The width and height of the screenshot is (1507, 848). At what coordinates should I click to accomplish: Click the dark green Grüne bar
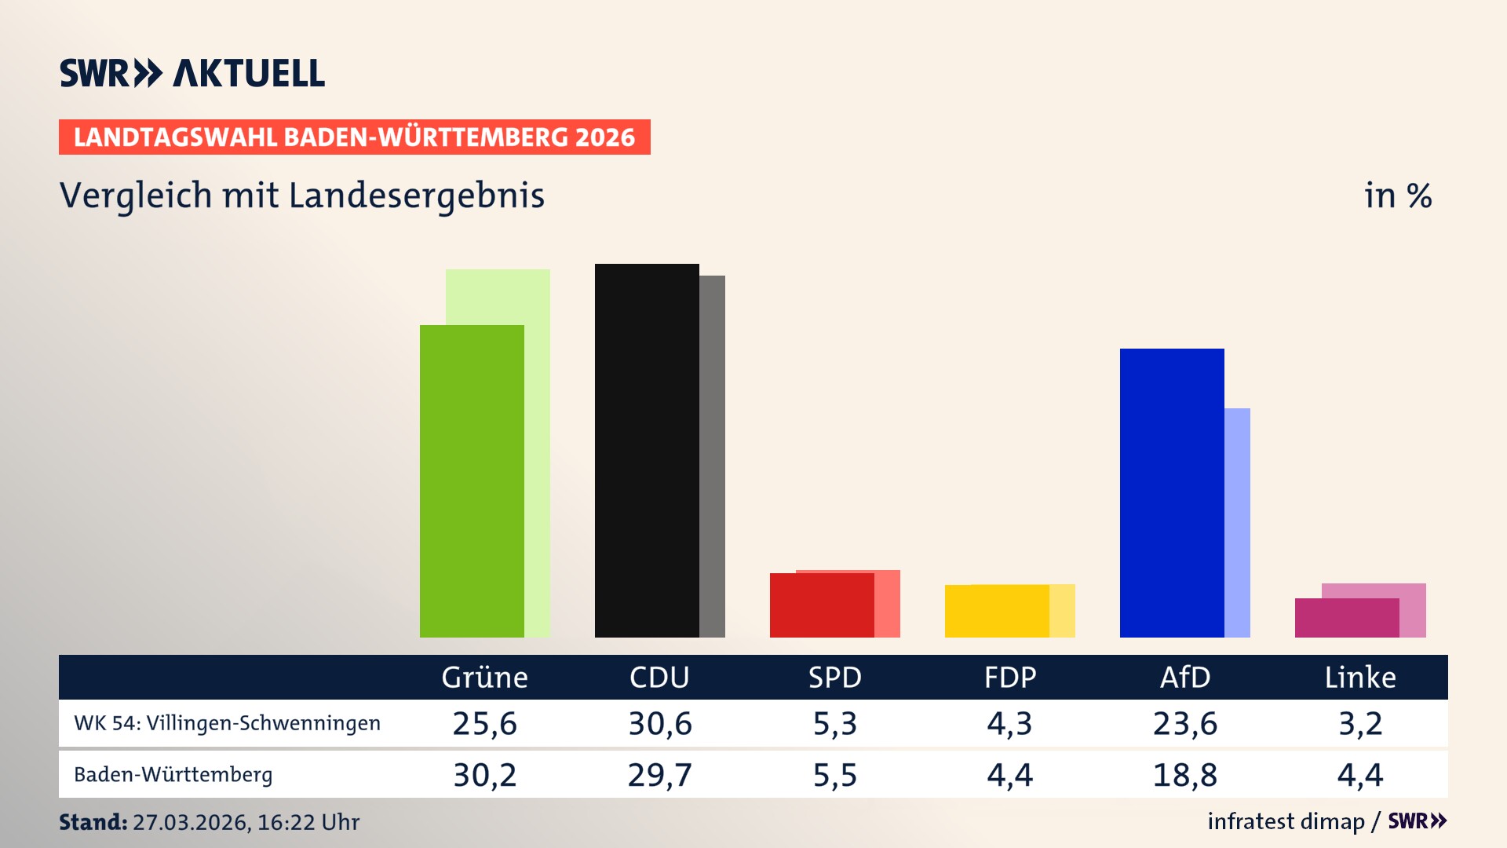(x=472, y=481)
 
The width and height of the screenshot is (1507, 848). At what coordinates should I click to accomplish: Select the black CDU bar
(x=647, y=450)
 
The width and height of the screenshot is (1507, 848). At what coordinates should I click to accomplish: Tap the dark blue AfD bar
(x=1172, y=492)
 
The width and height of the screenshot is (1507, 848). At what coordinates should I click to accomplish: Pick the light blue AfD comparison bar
(x=1237, y=522)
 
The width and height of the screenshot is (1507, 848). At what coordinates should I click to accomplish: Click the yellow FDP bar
(x=997, y=611)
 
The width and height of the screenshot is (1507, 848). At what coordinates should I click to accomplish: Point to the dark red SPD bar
(x=822, y=605)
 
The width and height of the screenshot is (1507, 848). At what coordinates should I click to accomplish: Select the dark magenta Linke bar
(x=1347, y=618)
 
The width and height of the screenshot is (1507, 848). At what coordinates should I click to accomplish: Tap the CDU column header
(x=659, y=678)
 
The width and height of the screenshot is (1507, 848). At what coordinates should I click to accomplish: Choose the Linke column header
(x=1360, y=678)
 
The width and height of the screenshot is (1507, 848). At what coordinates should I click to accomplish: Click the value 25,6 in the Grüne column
(x=484, y=723)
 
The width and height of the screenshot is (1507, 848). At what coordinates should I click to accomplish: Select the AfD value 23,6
(x=1184, y=723)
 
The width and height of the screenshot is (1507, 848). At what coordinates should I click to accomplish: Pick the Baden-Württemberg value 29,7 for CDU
(x=659, y=775)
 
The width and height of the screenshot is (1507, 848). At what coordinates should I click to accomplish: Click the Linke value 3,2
(x=1360, y=723)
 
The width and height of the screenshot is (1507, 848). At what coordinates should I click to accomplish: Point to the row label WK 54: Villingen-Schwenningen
(x=227, y=723)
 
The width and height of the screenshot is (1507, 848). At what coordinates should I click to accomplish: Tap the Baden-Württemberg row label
(x=173, y=775)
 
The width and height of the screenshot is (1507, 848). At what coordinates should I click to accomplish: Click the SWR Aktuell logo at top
(x=192, y=73)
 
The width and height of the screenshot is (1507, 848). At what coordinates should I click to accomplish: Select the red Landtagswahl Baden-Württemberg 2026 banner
(x=354, y=137)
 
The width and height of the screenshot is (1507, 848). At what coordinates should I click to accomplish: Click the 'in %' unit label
(x=1397, y=196)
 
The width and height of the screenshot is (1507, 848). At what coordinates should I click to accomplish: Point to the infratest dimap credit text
(x=1286, y=821)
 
